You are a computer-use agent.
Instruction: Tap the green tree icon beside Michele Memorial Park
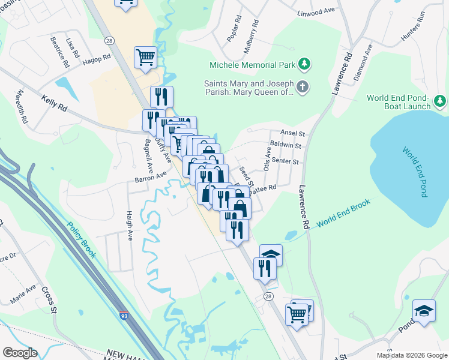(304, 64)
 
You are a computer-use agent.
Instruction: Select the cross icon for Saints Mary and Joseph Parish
(303, 88)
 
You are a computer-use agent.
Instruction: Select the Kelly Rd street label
(54, 103)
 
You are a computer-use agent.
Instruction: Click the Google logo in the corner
(20, 352)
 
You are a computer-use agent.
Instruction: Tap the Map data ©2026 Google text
(412, 355)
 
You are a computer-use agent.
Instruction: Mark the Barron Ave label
(150, 177)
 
